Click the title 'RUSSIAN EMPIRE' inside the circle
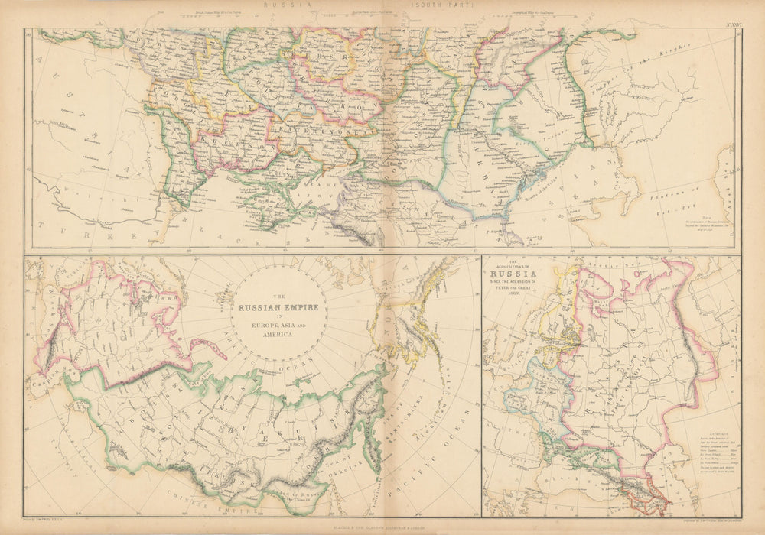(x=281, y=310)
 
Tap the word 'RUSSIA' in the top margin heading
(x=288, y=5)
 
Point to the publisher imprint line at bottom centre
(x=382, y=525)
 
